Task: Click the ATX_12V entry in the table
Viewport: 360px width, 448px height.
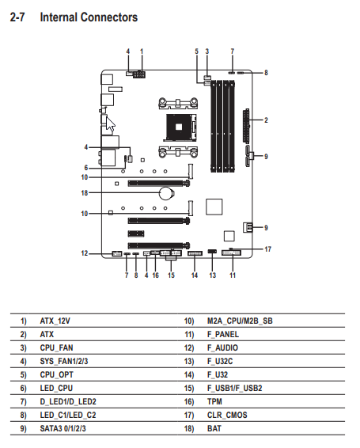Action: pyautogui.click(x=55, y=321)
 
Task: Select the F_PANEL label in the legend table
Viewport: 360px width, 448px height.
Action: pyautogui.click(x=223, y=334)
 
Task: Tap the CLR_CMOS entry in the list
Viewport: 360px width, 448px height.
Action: pyautogui.click(x=227, y=415)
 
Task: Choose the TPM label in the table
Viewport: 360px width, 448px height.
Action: pyautogui.click(x=214, y=401)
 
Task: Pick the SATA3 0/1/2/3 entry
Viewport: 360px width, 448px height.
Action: pyautogui.click(x=63, y=428)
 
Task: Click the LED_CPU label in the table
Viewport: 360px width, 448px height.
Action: pyautogui.click(x=56, y=388)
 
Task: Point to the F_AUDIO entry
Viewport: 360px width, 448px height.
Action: pyautogui.click(x=222, y=347)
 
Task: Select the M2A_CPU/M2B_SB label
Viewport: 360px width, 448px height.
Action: pyautogui.click(x=240, y=321)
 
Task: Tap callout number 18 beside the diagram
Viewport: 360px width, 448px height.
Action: pyautogui.click(x=85, y=193)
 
